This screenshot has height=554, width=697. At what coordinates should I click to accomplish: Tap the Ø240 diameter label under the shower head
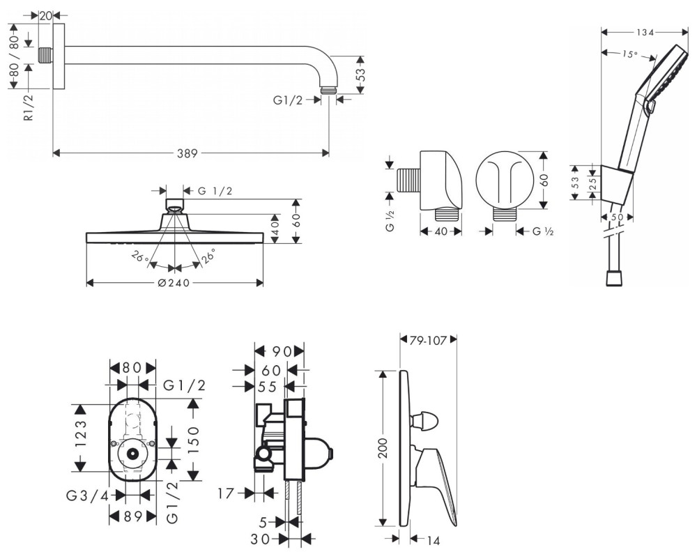[174, 283]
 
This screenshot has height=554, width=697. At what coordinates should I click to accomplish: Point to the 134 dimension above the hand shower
[645, 32]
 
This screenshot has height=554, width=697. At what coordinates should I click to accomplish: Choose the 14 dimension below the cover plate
[434, 538]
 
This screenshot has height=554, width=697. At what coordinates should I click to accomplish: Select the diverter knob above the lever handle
[422, 421]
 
